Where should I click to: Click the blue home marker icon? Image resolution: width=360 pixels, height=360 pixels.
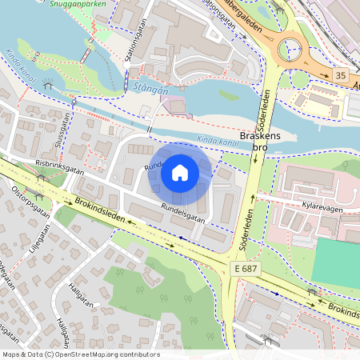[180, 173]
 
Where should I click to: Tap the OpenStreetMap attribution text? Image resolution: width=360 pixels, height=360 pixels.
[80, 354]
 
